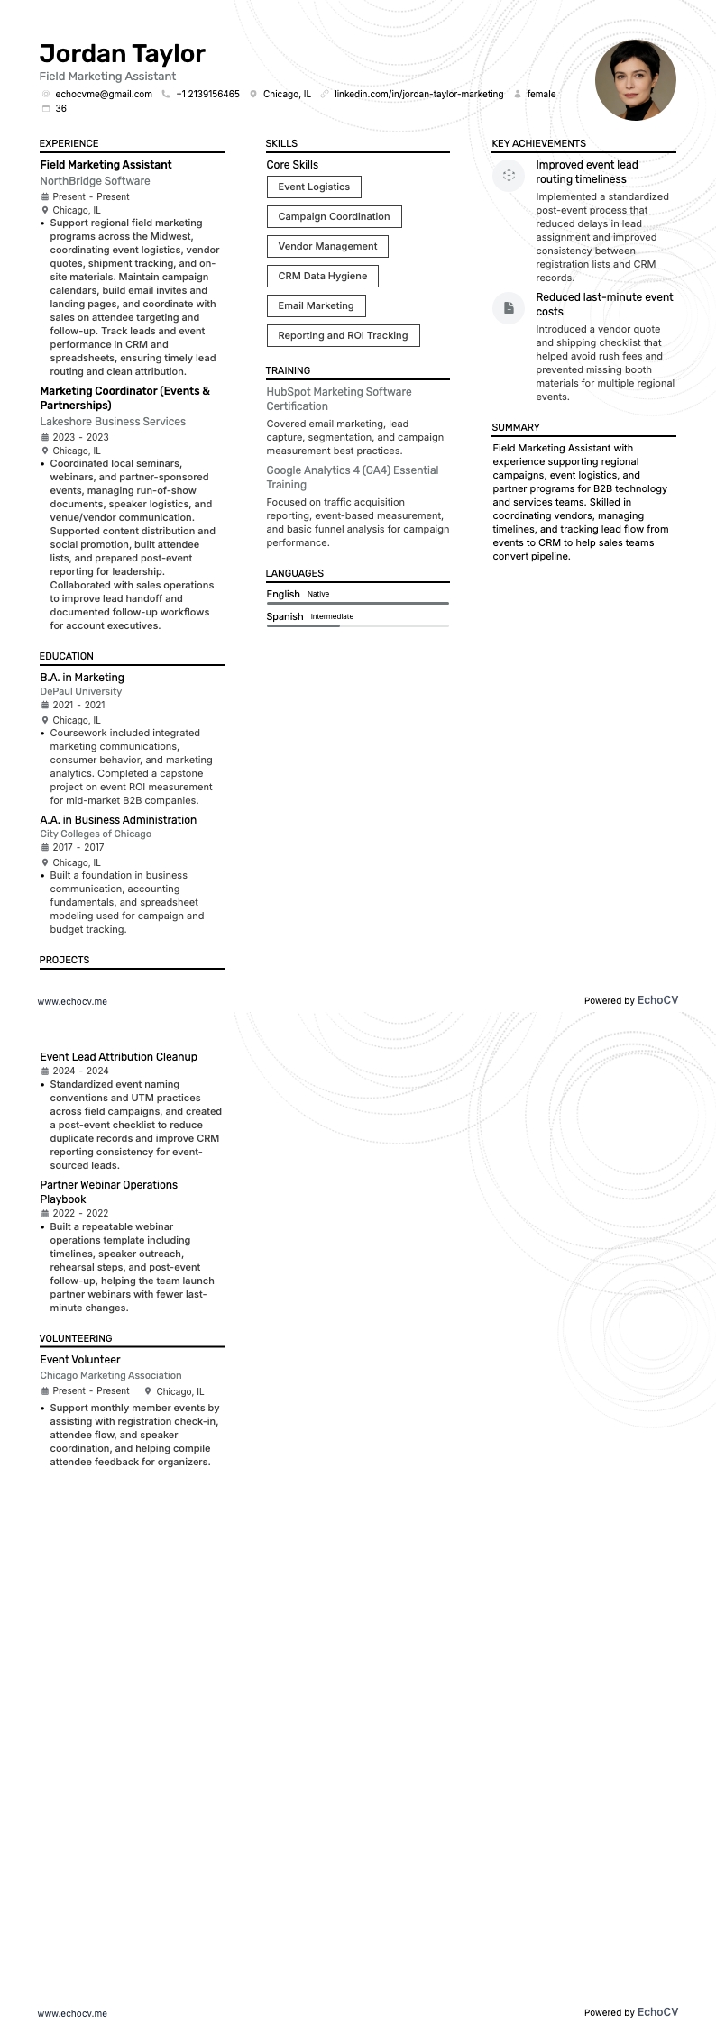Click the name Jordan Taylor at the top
click(123, 54)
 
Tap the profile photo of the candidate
click(635, 80)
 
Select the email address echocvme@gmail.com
click(103, 94)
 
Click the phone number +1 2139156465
click(207, 94)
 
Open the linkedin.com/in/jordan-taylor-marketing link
click(418, 94)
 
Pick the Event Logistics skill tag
click(314, 187)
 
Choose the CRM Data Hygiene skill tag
click(322, 276)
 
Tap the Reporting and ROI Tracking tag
click(343, 335)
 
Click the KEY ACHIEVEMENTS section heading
click(538, 143)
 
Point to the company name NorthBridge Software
click(95, 181)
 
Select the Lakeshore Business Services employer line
click(113, 422)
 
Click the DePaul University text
click(81, 691)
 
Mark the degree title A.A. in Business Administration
click(118, 820)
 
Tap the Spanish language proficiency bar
click(357, 625)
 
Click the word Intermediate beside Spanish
click(332, 616)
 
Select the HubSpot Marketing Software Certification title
click(338, 398)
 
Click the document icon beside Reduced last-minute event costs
click(509, 307)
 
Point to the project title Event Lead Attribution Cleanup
click(118, 1057)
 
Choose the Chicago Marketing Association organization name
click(111, 1375)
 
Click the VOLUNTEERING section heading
click(76, 1338)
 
